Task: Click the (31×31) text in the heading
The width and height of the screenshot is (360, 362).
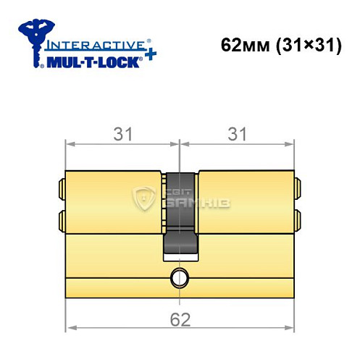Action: [x=308, y=44]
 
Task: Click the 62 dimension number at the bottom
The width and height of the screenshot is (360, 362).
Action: [x=180, y=319]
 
